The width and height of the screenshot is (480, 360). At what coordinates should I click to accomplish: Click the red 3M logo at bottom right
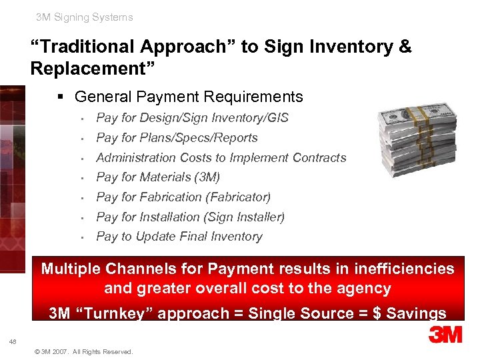pos(445,334)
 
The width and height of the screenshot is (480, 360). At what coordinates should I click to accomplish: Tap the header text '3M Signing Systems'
pos(85,17)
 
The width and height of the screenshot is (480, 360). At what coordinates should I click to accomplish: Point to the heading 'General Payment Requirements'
pos(189,97)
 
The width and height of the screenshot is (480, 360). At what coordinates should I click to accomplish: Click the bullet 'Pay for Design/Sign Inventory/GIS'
pos(192,118)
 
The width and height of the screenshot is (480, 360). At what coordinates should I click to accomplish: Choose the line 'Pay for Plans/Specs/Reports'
pos(177,138)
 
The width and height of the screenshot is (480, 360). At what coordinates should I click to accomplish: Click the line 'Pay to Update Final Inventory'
pos(179,237)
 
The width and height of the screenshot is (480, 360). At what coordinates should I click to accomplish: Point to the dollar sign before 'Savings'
pos(377,313)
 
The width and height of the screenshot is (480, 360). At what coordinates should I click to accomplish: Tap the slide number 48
pos(13,342)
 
